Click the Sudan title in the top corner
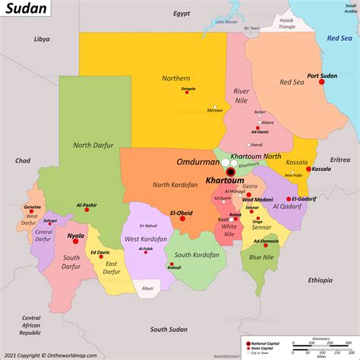27,11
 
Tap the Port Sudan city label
322,76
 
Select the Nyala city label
76,236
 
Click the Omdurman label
198,161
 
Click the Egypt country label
182,14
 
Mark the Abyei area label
169,288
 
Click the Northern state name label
175,78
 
